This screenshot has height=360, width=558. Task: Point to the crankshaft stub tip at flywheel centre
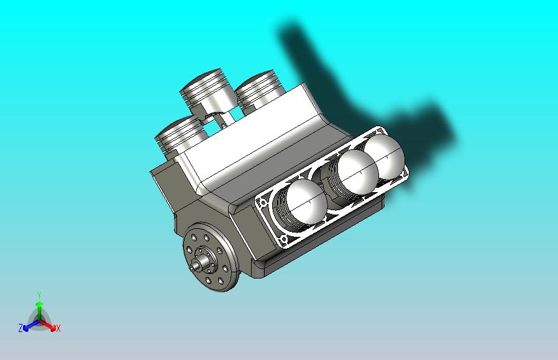(x=195, y=266)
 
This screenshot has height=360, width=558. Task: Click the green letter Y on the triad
(x=39, y=295)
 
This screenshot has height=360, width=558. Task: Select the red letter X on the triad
(x=58, y=329)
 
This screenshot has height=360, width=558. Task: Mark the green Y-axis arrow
(x=39, y=307)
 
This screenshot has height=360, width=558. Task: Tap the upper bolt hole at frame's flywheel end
(x=263, y=203)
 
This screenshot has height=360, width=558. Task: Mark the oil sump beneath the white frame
(x=323, y=242)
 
